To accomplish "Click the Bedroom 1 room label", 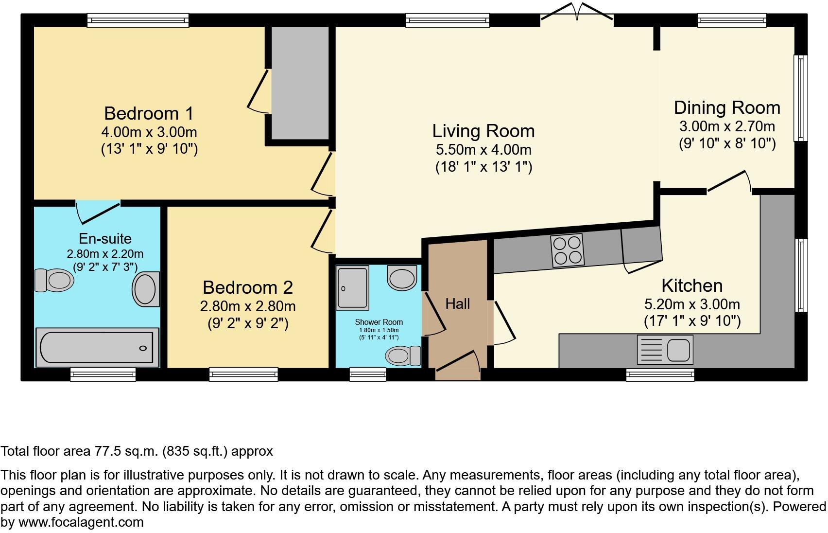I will (x=149, y=113).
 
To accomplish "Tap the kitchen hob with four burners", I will (x=567, y=250).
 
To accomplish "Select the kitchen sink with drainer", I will (x=665, y=349).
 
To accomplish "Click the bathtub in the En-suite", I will (x=97, y=347).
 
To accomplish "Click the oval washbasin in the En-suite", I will (x=146, y=289).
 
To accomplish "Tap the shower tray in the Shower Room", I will (x=353, y=287).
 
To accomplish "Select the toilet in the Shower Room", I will (x=403, y=355).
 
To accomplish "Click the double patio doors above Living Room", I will (x=577, y=12).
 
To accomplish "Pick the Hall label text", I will (x=457, y=304).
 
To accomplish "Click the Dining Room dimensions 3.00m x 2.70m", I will (x=727, y=126).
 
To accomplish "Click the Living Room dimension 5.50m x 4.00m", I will (x=483, y=149).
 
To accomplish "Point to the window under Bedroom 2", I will (x=243, y=373).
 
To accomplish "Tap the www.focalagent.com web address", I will (x=81, y=523).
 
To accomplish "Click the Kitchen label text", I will (x=692, y=285).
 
